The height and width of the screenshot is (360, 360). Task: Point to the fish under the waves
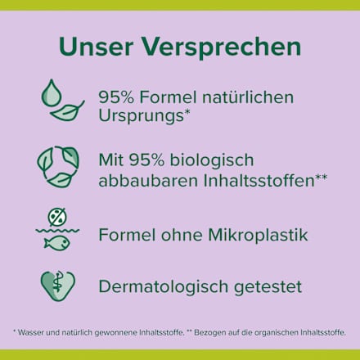57,243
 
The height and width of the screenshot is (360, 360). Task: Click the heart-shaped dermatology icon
58,286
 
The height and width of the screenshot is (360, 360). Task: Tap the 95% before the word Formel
116,97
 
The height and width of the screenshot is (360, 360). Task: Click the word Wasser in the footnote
33,332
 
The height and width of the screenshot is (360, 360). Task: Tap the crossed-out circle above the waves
57,218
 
